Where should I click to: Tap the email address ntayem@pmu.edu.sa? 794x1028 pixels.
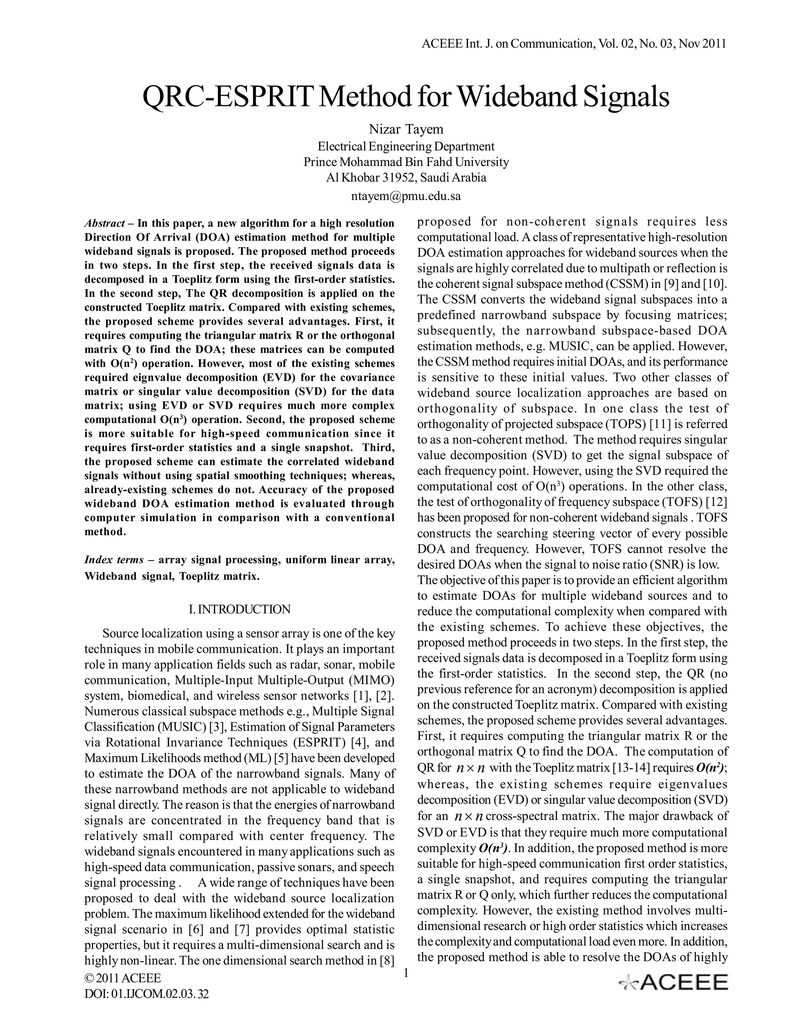pos(406,196)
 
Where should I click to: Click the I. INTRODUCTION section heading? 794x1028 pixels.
pos(240,609)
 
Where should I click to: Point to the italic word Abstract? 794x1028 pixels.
pos(104,223)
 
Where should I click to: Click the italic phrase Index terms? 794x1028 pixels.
pos(113,560)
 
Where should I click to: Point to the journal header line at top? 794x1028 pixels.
pos(573,44)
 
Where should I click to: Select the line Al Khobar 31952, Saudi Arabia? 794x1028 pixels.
pos(406,178)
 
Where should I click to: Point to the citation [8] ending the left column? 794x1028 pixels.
pos(387,961)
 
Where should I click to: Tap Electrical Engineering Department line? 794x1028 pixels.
pos(406,146)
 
